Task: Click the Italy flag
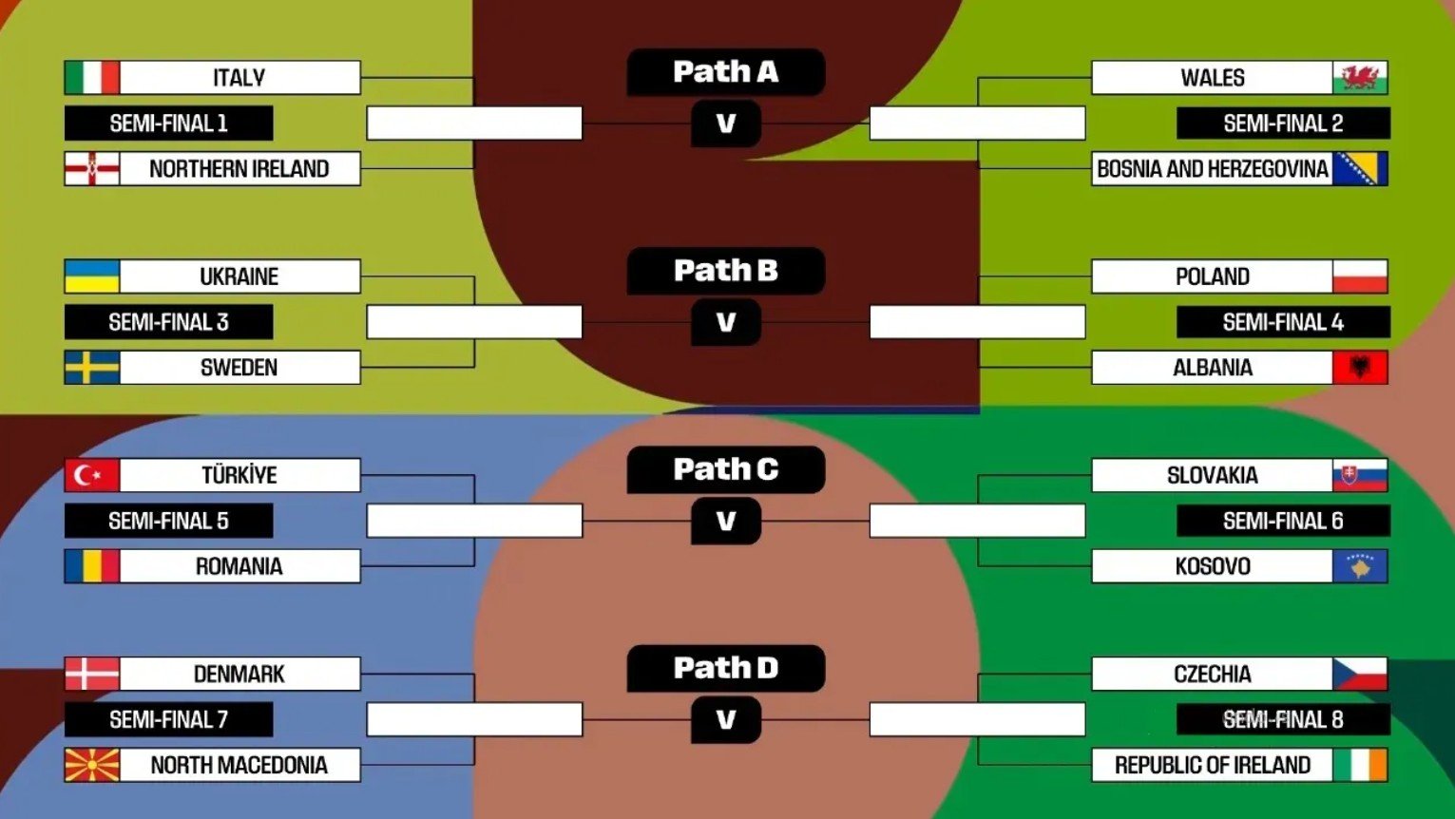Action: click(92, 78)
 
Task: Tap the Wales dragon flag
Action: click(1360, 78)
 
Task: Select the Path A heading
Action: click(725, 72)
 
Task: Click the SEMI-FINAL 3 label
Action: click(168, 322)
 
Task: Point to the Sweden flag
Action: click(92, 368)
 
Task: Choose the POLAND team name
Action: click(1212, 276)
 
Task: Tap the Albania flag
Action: click(1360, 368)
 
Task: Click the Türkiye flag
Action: click(92, 475)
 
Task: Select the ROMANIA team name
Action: click(239, 566)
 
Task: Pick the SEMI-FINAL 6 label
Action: click(1283, 521)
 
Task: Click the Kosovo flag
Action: click(1360, 566)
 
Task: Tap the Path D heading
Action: click(725, 668)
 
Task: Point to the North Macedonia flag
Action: click(92, 765)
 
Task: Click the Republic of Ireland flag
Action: click(1360, 765)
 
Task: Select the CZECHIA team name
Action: click(1212, 674)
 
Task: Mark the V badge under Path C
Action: click(726, 522)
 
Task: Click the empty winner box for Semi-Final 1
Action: click(474, 124)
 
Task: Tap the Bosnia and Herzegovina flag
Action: click(1360, 169)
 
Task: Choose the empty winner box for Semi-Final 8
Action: click(977, 719)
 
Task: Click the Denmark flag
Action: click(92, 674)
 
